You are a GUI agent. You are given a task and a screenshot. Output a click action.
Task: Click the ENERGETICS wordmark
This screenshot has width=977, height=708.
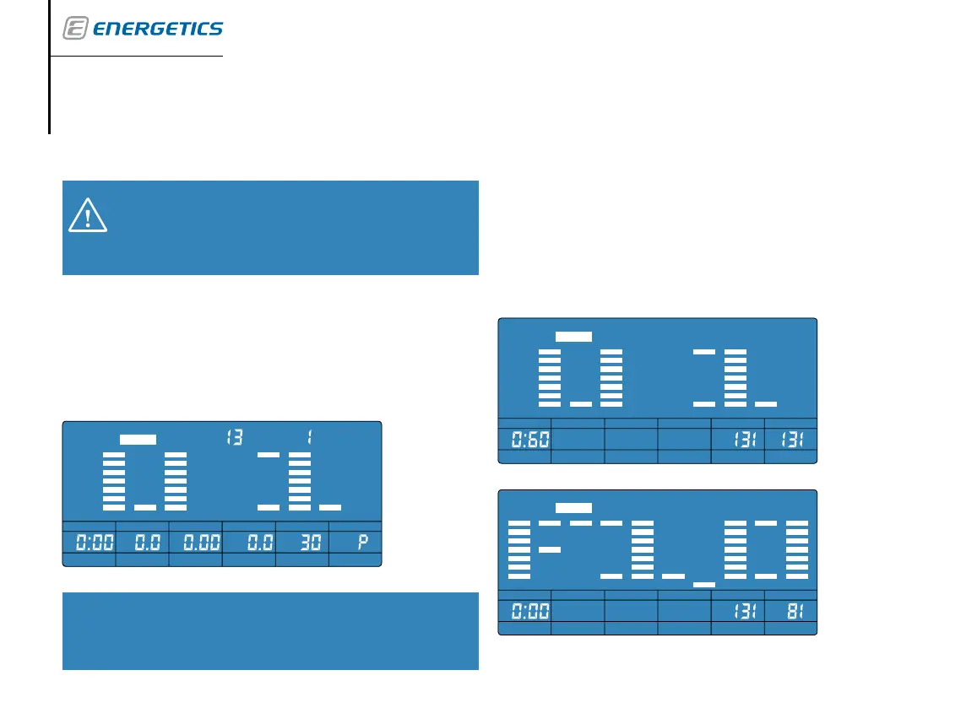pyautogui.click(x=157, y=30)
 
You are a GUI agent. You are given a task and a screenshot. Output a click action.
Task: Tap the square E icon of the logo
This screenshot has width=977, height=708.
pyautogui.click(x=75, y=30)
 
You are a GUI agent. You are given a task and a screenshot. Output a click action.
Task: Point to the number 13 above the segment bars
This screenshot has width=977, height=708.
pyautogui.click(x=234, y=438)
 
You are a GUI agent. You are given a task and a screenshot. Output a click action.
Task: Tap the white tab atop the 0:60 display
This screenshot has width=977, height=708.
pyautogui.click(x=573, y=336)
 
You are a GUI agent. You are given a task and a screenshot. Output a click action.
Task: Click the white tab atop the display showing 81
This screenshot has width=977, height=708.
pyautogui.click(x=573, y=508)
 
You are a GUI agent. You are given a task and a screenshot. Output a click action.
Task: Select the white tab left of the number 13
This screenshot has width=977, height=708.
pyautogui.click(x=138, y=439)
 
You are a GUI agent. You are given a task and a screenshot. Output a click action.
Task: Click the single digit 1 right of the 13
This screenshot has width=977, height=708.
pyautogui.click(x=311, y=438)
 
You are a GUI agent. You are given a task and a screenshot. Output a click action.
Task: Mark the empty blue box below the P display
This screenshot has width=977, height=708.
pyautogui.click(x=270, y=631)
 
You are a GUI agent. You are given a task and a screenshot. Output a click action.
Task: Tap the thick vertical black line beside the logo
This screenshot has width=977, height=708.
pyautogui.click(x=50, y=68)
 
